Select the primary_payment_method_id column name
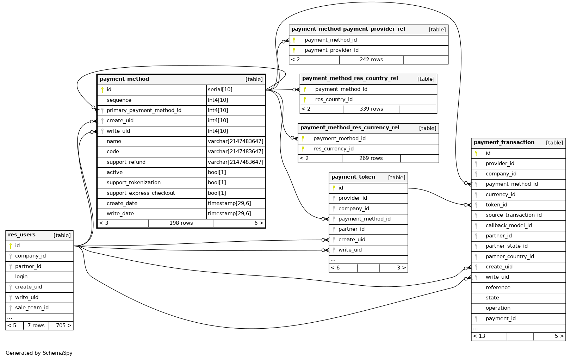click(x=144, y=110)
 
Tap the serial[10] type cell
click(x=220, y=89)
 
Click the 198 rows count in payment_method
click(x=181, y=223)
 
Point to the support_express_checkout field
click(x=141, y=193)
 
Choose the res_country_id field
click(x=334, y=99)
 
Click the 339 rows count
click(x=371, y=109)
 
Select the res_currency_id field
click(x=333, y=149)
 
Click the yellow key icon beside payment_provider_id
click(x=294, y=50)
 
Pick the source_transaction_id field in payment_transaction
click(x=513, y=215)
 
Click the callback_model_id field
click(x=508, y=225)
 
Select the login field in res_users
click(x=21, y=277)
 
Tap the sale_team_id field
click(x=32, y=308)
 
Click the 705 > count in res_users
click(x=63, y=325)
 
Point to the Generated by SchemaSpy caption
click(x=39, y=353)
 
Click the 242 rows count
click(x=371, y=60)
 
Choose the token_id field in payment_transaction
click(x=496, y=205)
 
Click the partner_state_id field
click(x=506, y=246)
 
